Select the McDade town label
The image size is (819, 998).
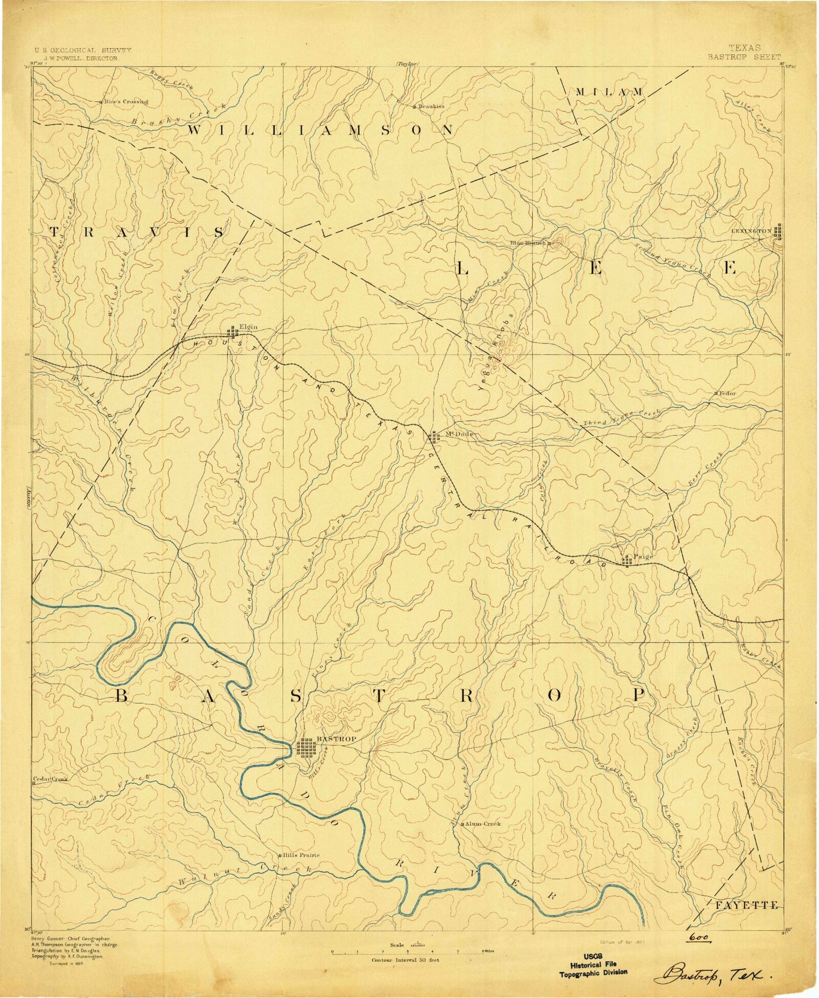[451, 434]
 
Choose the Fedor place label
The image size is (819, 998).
[728, 393]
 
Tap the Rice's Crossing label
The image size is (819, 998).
[126, 102]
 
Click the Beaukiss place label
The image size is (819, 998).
[432, 106]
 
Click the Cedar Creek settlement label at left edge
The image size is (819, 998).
[50, 779]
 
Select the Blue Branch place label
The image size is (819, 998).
[528, 243]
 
